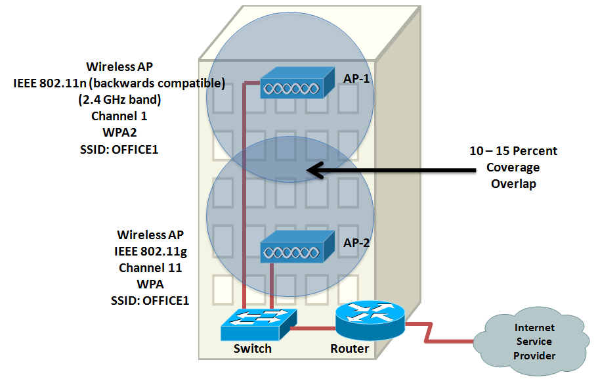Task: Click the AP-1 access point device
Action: pos(297,83)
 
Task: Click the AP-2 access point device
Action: pos(297,246)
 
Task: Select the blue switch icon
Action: pos(259,325)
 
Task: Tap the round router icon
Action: pos(370,321)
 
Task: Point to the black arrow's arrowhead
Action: pos(316,170)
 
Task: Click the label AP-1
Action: pos(356,78)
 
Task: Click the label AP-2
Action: pos(356,242)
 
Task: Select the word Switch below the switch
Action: pos(253,348)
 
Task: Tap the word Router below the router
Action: pos(349,348)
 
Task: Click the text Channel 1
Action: pos(119,116)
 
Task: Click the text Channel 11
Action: pos(150,268)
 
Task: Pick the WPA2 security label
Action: pos(119,132)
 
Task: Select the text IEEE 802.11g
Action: pos(150,252)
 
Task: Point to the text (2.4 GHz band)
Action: pos(119,100)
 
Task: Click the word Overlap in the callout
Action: pos(513,184)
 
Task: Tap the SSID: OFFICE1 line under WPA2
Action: pos(119,149)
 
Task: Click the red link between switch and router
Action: pos(313,328)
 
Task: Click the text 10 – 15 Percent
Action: pos(513,150)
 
